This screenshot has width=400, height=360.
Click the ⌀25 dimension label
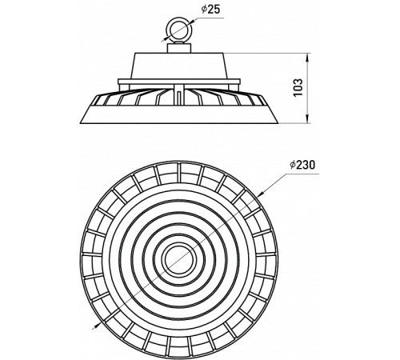tap(210, 9)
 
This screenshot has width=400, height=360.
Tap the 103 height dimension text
tap(298, 87)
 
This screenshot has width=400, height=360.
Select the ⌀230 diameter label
tap(302, 165)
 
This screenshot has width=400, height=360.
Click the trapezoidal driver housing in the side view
tap(179, 66)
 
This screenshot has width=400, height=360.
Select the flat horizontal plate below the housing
tap(179, 82)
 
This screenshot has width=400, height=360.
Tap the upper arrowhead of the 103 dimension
tap(308, 58)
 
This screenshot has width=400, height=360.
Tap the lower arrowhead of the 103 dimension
tap(308, 119)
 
